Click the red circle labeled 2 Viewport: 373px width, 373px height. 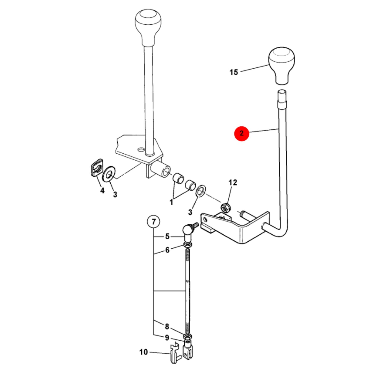[241, 133]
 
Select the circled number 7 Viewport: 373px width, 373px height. [154, 222]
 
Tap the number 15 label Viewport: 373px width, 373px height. [234, 72]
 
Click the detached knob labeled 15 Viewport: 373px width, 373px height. [282, 66]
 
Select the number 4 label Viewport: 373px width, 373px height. [102, 191]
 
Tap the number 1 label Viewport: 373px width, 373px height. [171, 203]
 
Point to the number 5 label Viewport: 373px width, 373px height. [167, 236]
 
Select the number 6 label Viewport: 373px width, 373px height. [167, 250]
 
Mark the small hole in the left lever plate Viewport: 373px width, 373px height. [141, 150]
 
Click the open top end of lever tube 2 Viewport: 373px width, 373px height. [282, 91]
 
